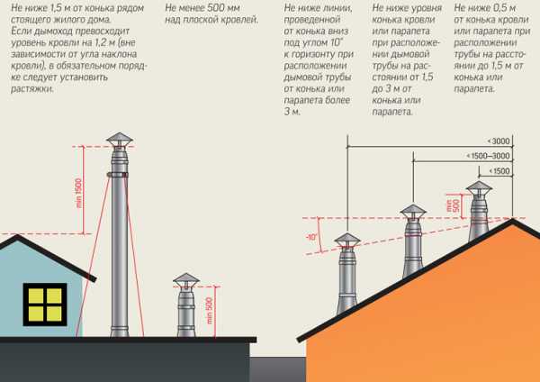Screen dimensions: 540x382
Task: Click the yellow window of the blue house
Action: [x=45, y=305]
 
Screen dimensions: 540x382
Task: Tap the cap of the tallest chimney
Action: [x=120, y=140]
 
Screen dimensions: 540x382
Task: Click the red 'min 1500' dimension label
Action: [x=79, y=193]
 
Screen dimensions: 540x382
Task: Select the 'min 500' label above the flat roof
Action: [x=209, y=311]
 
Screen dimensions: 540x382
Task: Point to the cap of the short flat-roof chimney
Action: [x=186, y=279]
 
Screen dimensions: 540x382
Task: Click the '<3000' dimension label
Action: [x=499, y=141]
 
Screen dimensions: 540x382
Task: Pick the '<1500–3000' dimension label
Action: [x=488, y=156]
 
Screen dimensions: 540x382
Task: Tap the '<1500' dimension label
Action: [x=499, y=171]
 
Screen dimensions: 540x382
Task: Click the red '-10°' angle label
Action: [x=311, y=238]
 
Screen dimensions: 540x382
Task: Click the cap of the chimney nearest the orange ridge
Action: [x=479, y=187]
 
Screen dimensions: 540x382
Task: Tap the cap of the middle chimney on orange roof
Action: [x=413, y=211]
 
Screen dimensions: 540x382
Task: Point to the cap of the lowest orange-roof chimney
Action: [x=347, y=240]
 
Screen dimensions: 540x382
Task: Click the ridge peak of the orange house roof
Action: [x=512, y=219]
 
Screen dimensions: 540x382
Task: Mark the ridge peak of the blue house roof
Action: [x=17, y=236]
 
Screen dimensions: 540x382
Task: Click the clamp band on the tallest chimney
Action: [x=118, y=175]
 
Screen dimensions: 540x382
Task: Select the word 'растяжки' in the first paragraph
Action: [x=32, y=88]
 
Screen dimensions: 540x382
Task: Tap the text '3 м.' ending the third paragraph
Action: [x=292, y=112]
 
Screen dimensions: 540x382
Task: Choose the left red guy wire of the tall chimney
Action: [x=93, y=256]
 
